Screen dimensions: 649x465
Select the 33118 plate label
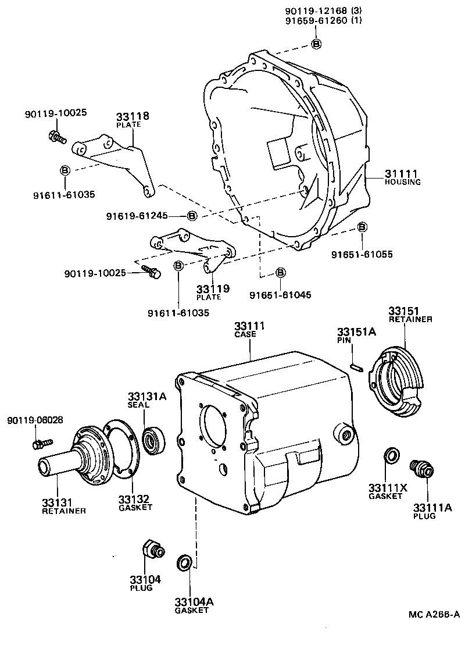[133, 116]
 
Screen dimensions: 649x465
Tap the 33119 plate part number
[212, 288]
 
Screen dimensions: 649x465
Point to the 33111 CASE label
[249, 326]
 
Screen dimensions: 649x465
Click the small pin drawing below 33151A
[357, 367]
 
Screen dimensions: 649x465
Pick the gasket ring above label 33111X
[391, 455]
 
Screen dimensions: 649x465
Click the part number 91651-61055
[362, 255]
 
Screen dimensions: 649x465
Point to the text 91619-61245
[137, 216]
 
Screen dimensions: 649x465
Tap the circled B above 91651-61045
[280, 272]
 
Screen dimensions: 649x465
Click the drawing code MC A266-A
[434, 614]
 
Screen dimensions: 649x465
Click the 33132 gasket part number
[134, 498]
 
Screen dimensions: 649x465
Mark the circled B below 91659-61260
[316, 44]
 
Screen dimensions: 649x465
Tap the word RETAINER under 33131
[64, 511]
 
